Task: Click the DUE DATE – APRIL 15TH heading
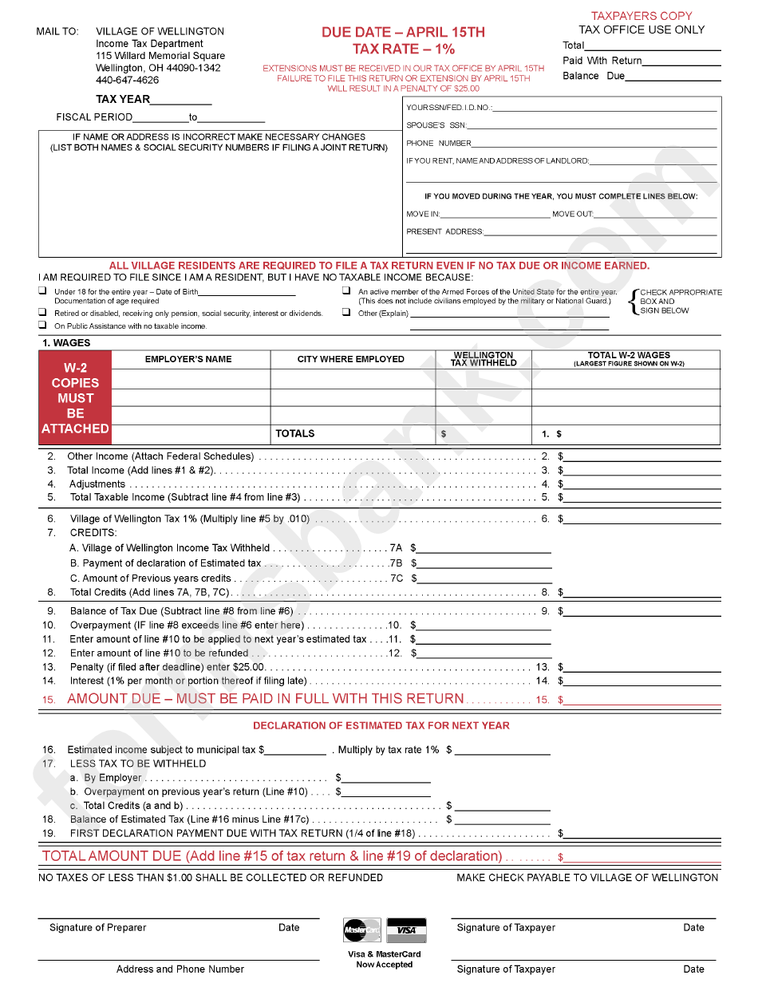(403, 33)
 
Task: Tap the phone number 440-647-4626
(127, 80)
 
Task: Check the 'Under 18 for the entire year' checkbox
(42, 291)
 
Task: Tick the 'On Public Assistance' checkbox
(42, 326)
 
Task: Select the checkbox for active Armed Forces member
(346, 291)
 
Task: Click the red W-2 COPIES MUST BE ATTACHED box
(75, 398)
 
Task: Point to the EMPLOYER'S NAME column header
(188, 359)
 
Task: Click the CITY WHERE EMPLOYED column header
(350, 359)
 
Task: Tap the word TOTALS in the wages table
(295, 433)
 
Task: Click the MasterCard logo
(361, 930)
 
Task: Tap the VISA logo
(406, 930)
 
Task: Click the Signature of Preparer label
(97, 927)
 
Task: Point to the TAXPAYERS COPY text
(641, 16)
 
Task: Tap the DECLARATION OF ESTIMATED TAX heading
(381, 725)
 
